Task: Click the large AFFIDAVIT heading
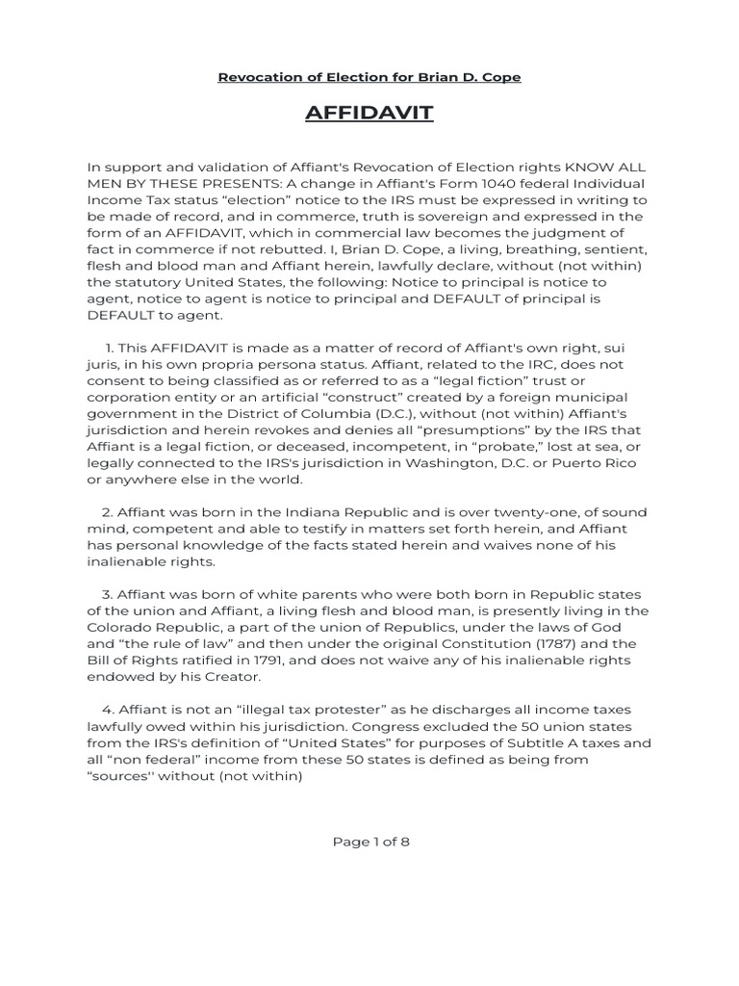369,115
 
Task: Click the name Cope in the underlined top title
501,77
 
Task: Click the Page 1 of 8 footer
370,841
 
